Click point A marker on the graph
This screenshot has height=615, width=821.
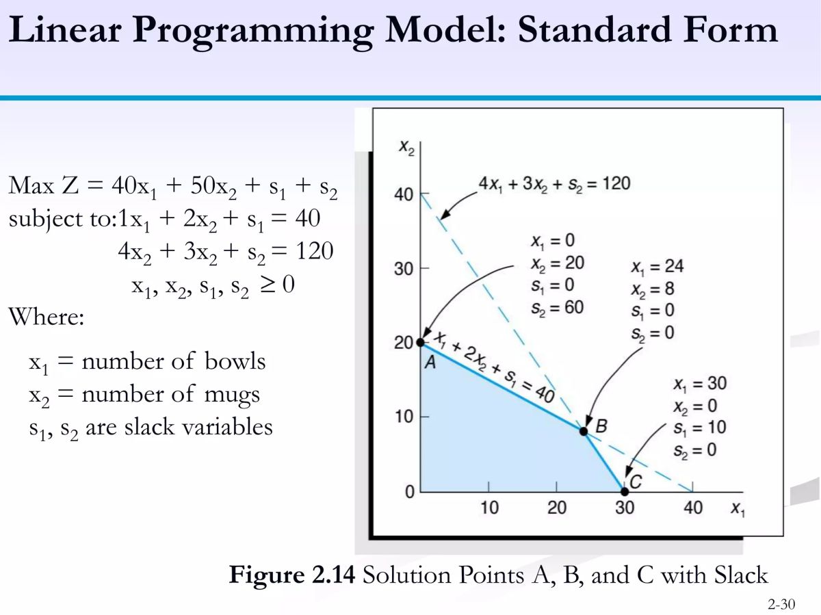click(421, 342)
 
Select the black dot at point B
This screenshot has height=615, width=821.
click(584, 431)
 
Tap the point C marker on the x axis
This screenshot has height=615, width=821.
click(624, 491)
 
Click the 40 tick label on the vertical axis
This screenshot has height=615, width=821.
click(404, 195)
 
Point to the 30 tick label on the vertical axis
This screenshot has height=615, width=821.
click(404, 268)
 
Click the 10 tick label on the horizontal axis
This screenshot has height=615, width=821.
click(489, 508)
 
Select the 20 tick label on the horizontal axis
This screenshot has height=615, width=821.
click(557, 508)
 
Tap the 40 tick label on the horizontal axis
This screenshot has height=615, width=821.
click(692, 508)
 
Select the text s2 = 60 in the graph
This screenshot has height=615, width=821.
click(557, 308)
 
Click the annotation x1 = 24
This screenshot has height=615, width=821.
click(657, 267)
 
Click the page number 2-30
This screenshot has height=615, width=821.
click(781, 605)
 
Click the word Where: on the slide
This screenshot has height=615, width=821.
click(47, 318)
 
